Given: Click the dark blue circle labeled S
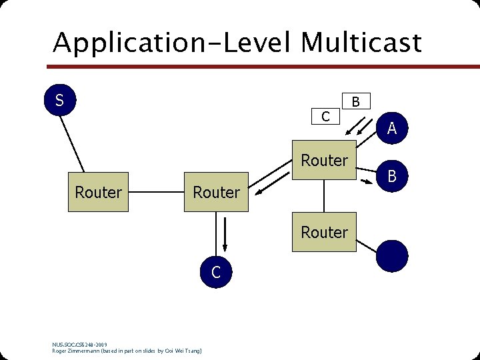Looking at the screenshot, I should coord(59,101).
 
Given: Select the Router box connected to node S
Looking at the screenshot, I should coord(99,193).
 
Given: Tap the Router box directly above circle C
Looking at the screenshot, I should coord(217,193).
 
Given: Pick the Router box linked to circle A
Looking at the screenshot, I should coord(325,161).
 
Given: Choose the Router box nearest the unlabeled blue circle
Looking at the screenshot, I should coord(325,232).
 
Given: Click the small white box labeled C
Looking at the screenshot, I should coord(325,117).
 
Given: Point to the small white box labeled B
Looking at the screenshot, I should coord(356,101).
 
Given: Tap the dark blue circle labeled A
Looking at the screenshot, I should coord(392,128).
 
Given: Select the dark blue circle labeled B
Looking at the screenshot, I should coord(392,176).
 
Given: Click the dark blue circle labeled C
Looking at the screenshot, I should coord(216,272).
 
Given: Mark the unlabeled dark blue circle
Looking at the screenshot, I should coord(392,256).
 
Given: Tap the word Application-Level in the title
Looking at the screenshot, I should coord(173,43).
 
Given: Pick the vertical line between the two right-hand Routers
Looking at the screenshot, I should coord(324,196).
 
